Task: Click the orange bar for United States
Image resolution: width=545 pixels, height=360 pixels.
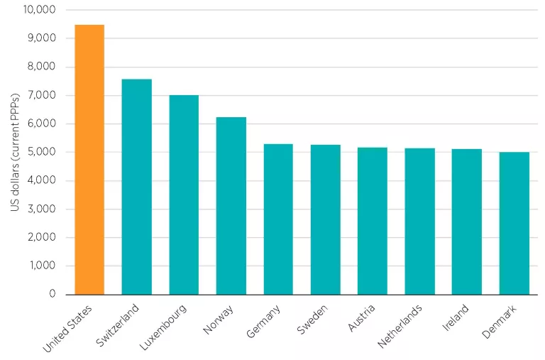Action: click(89, 160)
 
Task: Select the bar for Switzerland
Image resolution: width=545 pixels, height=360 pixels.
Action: click(136, 187)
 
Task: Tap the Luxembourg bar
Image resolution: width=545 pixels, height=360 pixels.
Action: click(184, 195)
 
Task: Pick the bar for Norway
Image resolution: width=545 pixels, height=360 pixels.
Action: click(231, 206)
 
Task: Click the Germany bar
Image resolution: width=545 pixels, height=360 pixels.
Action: click(278, 219)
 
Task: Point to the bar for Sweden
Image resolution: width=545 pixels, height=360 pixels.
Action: click(325, 219)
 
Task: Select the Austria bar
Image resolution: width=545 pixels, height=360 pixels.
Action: click(373, 221)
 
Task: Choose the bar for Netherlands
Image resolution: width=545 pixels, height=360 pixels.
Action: click(419, 222)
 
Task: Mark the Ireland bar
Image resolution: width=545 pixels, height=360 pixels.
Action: click(467, 222)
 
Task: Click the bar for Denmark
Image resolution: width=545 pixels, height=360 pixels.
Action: click(514, 223)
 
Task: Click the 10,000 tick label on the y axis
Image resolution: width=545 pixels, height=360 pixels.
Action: click(39, 10)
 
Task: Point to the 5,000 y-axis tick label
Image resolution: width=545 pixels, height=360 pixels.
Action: click(41, 152)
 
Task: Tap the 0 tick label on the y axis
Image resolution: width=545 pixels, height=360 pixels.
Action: click(52, 294)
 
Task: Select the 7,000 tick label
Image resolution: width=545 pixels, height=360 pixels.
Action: click(41, 95)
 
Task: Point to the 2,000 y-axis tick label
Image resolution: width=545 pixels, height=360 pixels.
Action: click(41, 237)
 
